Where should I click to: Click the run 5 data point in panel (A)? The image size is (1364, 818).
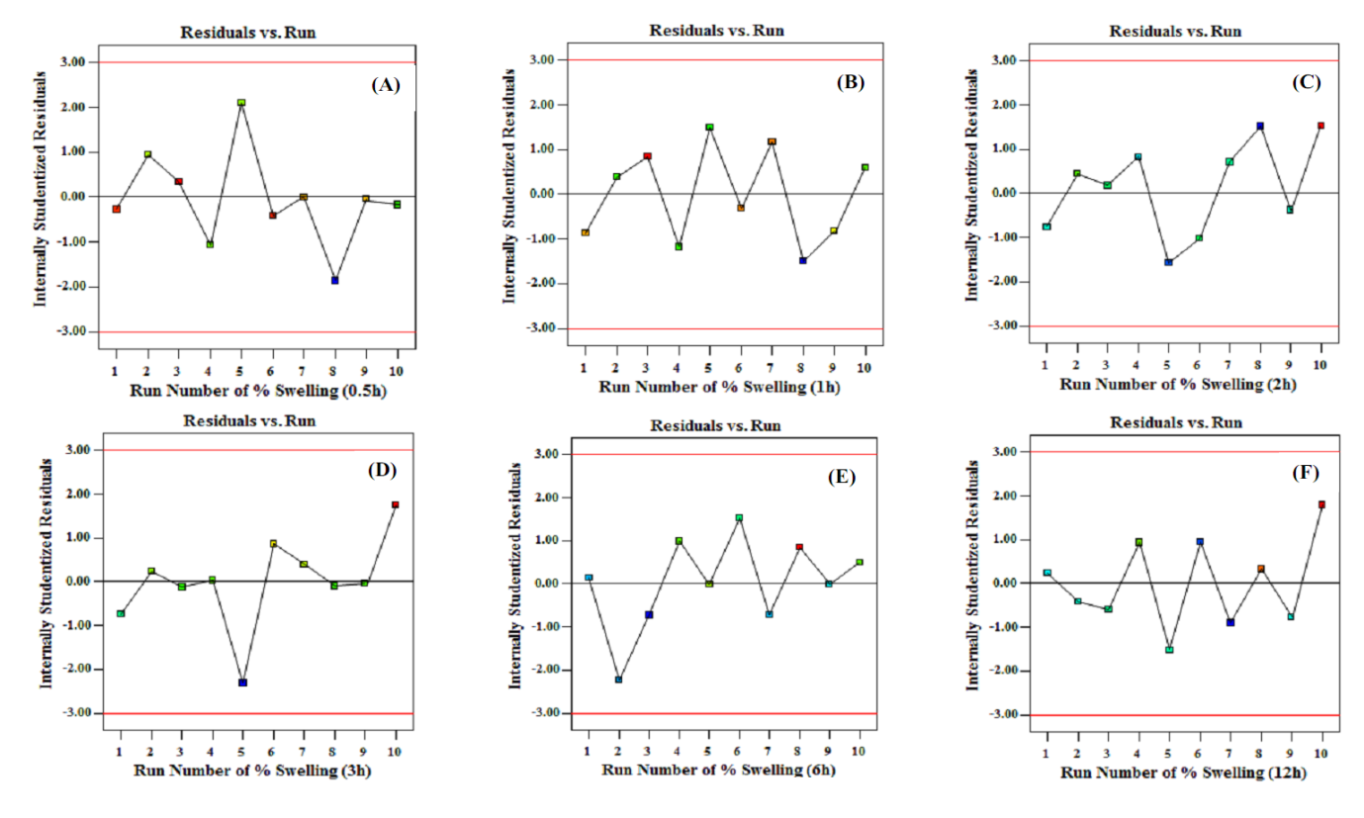coord(241,103)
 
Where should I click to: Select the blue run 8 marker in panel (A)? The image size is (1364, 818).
coord(335,280)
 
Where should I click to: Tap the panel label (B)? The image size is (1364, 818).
coord(850,82)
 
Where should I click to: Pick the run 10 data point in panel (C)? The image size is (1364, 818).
coord(1320,126)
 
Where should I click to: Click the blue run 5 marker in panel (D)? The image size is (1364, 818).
coord(242,682)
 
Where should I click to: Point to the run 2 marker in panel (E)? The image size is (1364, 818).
coord(619,680)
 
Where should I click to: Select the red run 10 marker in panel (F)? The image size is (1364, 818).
coord(1321,504)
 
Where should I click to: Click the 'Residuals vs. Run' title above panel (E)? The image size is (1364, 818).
coord(715,426)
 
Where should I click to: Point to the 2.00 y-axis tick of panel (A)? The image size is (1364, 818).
coord(79,107)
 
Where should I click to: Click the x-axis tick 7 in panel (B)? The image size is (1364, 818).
coord(772,368)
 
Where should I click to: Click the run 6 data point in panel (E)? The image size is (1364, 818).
coord(739,517)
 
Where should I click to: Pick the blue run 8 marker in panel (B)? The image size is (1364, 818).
coord(803,260)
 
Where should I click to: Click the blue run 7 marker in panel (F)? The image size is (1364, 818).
coord(1230,622)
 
